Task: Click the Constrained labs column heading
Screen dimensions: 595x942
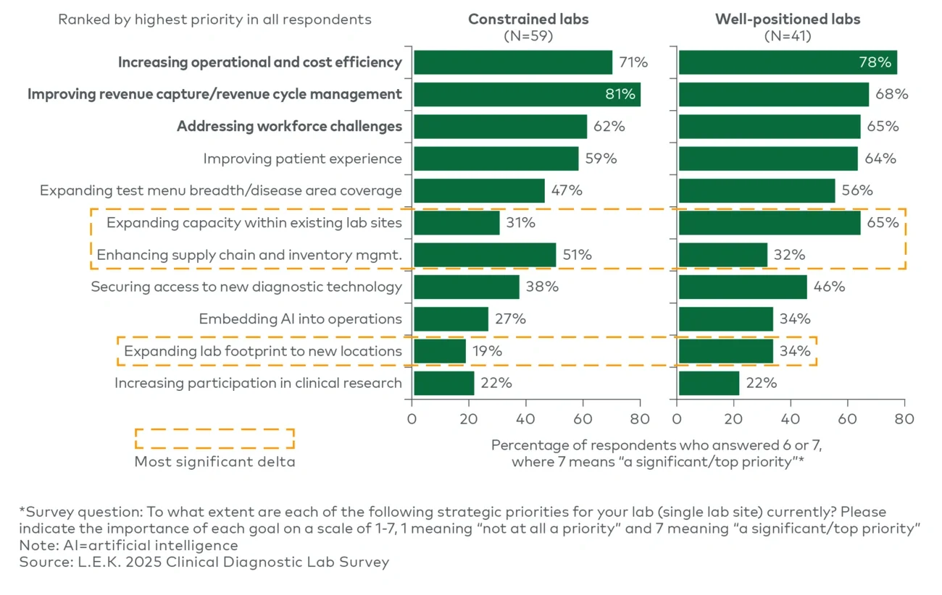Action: coord(528,20)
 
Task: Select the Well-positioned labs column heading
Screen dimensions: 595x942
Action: coord(788,20)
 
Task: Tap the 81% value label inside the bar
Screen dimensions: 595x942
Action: coord(620,94)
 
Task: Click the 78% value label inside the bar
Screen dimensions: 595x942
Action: coord(875,62)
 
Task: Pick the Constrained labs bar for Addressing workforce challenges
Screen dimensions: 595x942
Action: coord(500,126)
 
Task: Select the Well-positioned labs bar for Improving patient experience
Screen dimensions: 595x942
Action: coord(768,159)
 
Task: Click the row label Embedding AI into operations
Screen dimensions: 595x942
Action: coord(300,318)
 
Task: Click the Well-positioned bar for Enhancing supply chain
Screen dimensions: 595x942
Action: coord(722,255)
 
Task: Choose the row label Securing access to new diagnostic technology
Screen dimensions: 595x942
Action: coord(246,287)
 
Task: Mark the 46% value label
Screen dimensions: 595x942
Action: coord(829,287)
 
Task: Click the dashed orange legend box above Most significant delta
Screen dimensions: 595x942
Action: coord(214,439)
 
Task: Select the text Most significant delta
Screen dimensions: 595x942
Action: coord(214,462)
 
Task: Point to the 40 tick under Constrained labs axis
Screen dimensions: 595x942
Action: coord(525,418)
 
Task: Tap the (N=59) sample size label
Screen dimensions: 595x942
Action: coord(528,36)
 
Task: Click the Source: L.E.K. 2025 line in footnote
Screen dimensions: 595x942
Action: coord(204,562)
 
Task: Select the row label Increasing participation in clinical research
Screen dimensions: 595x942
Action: coord(258,383)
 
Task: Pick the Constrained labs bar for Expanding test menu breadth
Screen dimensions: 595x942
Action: coord(479,190)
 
